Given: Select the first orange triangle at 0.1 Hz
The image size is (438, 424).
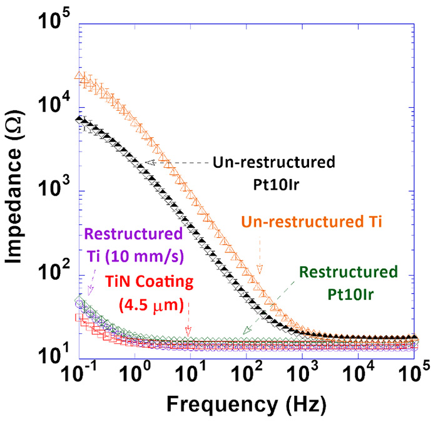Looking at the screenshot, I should coord(78,76).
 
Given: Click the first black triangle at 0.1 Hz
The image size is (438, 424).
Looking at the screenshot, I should coord(78,118).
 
